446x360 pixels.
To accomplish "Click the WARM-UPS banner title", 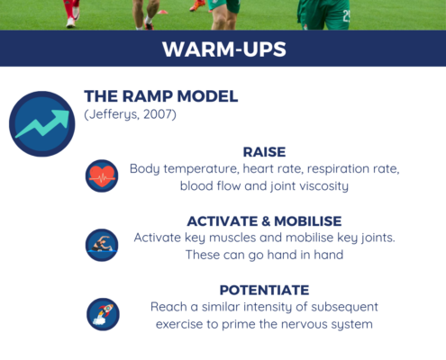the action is click(x=224, y=49).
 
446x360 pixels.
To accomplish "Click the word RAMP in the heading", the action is click(x=147, y=96).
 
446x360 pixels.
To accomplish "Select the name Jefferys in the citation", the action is click(x=114, y=114).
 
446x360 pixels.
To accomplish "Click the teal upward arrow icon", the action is click(x=42, y=123).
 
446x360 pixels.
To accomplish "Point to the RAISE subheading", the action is click(x=264, y=152).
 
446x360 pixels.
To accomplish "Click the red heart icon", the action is click(x=102, y=175).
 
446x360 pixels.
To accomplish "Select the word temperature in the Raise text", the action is click(x=201, y=169).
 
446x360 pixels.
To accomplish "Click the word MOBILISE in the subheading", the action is click(x=308, y=221).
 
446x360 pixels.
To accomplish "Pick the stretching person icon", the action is click(x=102, y=245).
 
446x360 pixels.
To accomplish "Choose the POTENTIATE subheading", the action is click(x=264, y=290).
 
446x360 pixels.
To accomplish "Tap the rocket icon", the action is click(x=103, y=314).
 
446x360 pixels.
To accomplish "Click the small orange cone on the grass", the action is click(x=162, y=12).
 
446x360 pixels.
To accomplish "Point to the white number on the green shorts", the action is click(x=346, y=15).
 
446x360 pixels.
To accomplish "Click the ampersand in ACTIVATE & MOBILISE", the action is click(x=266, y=221).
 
